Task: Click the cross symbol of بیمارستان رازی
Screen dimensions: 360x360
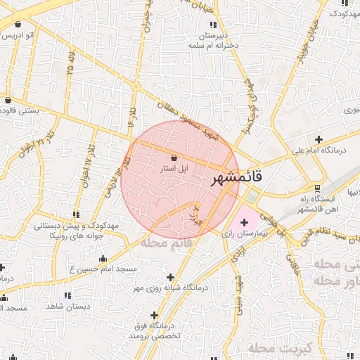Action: click(244, 223)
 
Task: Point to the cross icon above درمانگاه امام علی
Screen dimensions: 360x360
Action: click(319, 139)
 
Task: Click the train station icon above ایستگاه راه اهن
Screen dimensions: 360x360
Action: click(319, 188)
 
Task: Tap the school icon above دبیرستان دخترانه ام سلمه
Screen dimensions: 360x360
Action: click(213, 25)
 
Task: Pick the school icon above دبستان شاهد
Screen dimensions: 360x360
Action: click(67, 296)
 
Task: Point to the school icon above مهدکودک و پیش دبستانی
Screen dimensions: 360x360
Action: click(75, 214)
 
